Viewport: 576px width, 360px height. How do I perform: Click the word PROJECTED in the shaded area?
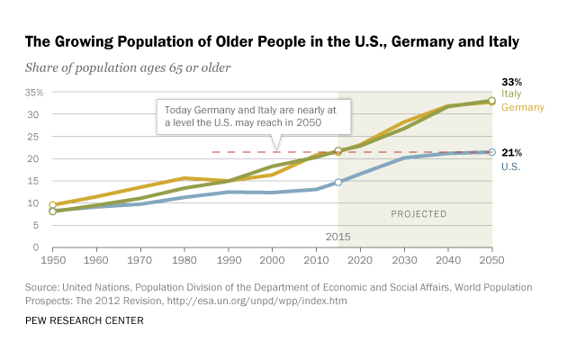[418, 214]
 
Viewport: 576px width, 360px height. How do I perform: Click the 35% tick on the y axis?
[32, 93]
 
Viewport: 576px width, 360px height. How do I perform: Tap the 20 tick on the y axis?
[36, 158]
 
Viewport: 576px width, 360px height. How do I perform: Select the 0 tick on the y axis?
[39, 247]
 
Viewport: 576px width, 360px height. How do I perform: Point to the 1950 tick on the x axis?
[52, 260]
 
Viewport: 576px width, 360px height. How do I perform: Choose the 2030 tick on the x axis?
[404, 260]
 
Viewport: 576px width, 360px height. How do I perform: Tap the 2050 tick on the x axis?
[491, 260]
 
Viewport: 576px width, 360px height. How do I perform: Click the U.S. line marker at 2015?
[338, 182]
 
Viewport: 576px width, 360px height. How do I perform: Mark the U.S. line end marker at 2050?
[491, 152]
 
